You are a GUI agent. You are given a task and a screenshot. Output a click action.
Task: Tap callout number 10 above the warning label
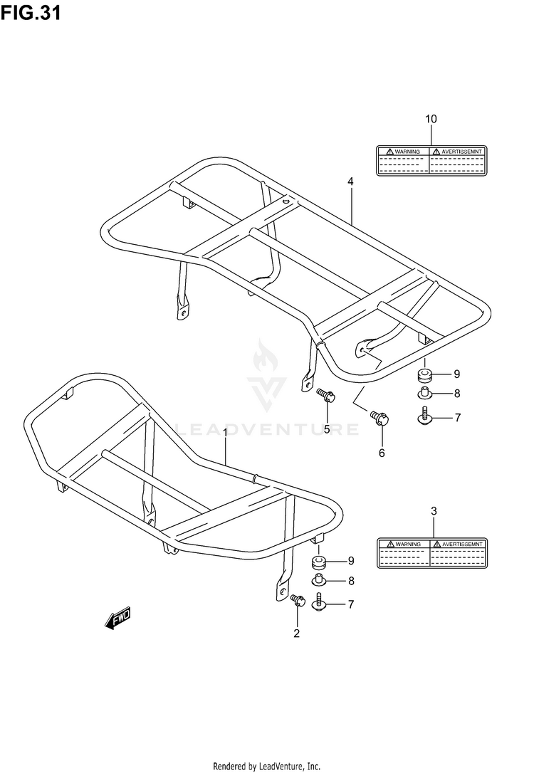(x=431, y=118)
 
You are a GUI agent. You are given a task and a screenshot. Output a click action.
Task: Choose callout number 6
(x=381, y=453)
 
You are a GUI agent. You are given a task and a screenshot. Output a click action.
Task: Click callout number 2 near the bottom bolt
(x=297, y=633)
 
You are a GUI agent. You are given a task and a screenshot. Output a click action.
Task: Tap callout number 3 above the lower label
(x=434, y=510)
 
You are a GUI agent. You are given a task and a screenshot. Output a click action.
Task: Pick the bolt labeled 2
(x=298, y=601)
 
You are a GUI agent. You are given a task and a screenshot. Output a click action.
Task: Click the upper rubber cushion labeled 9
(x=424, y=374)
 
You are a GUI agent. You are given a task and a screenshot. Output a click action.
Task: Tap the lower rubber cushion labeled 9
(x=319, y=563)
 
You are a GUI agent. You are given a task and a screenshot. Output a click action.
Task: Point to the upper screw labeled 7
(x=424, y=417)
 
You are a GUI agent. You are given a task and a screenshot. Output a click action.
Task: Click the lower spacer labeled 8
(x=319, y=582)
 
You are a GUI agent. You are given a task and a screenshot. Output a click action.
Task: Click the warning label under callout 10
(x=431, y=160)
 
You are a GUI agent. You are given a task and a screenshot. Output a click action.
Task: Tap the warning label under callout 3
(x=433, y=552)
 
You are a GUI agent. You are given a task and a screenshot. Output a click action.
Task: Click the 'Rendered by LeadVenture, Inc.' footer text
(x=266, y=766)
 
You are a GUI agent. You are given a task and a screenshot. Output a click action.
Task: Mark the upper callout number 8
(x=457, y=394)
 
